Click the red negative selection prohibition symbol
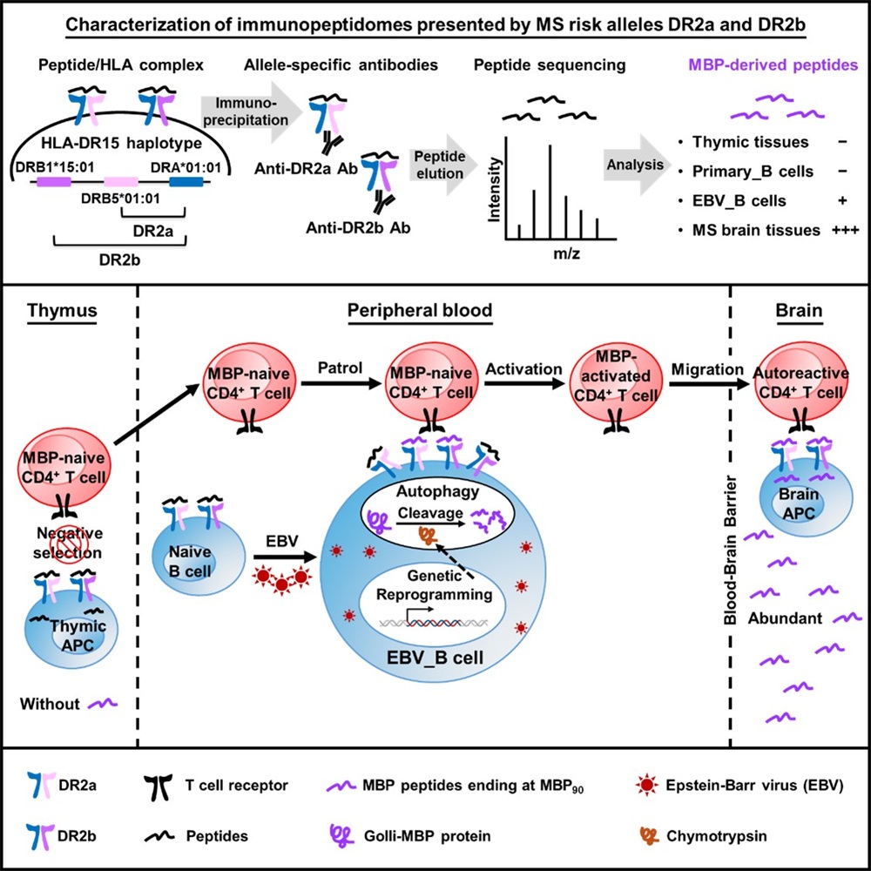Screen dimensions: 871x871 pyautogui.click(x=70, y=525)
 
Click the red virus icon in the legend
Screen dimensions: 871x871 pyautogui.click(x=645, y=785)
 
